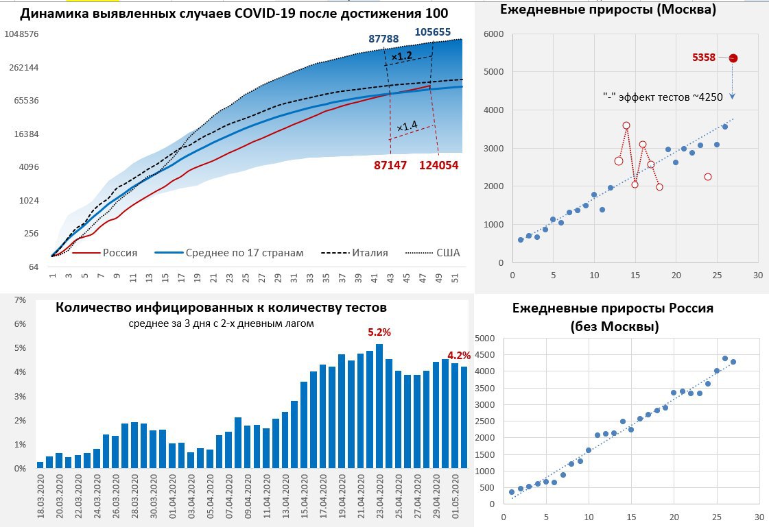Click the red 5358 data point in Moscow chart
point(733,58)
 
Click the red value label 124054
point(439,164)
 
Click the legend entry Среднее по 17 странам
point(244,253)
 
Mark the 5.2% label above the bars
point(379,332)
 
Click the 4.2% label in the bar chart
point(459,355)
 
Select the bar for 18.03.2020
point(40,465)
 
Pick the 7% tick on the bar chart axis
point(20,300)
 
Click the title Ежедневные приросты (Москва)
point(608,10)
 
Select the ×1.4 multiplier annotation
point(407,126)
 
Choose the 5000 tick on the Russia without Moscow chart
point(484,338)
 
